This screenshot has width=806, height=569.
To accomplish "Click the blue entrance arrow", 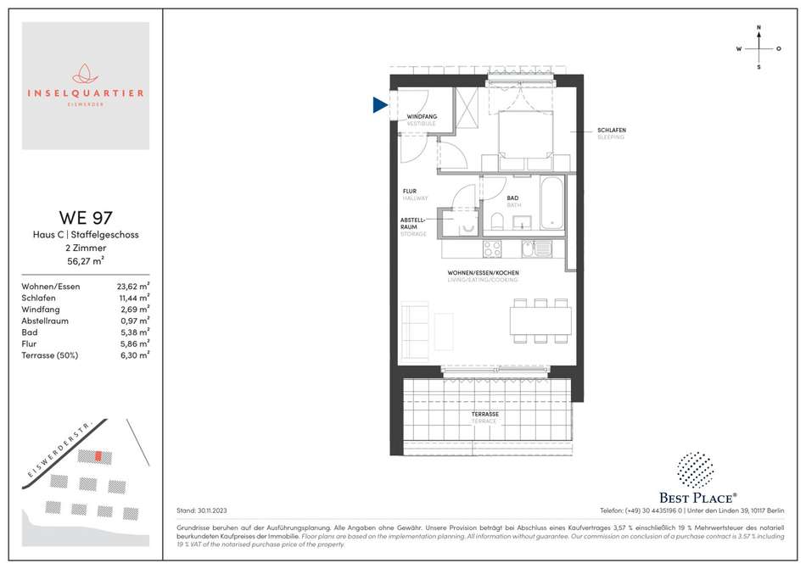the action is click(379, 105).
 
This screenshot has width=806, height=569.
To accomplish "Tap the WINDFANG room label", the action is click(422, 116).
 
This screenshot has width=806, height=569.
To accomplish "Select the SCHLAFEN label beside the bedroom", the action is click(612, 130).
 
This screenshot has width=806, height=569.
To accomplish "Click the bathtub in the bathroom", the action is click(551, 203).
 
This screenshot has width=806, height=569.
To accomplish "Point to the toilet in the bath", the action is click(497, 220).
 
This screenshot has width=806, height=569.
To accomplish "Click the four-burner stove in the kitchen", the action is click(492, 249).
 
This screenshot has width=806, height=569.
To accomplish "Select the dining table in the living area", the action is click(540, 321).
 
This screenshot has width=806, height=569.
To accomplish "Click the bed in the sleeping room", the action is click(526, 140).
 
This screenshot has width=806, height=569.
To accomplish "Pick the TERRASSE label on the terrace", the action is click(485, 414).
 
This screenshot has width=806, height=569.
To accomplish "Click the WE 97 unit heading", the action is click(86, 218).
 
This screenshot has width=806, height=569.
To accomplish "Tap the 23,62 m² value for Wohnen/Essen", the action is click(133, 286).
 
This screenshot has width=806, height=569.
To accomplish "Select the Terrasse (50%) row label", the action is click(50, 355).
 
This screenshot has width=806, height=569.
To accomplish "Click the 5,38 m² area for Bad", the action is click(135, 332).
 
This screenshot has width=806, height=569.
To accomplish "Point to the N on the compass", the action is click(758, 28).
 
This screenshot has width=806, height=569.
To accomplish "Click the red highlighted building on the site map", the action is click(98, 456).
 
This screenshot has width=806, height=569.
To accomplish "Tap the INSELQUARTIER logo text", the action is click(86, 93).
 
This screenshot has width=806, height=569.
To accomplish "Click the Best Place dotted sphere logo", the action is click(695, 470).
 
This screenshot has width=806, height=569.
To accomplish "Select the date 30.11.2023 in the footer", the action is click(212, 510).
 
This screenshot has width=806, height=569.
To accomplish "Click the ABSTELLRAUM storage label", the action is click(412, 223).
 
